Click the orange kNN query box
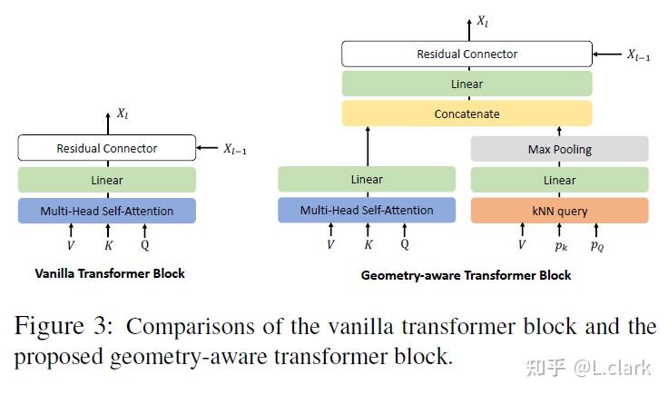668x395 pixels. [559, 211]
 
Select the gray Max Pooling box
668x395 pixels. [559, 149]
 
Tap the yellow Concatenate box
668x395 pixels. [467, 114]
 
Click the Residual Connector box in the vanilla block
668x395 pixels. [107, 148]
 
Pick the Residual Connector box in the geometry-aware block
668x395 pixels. [467, 54]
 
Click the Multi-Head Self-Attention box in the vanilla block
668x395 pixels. [107, 211]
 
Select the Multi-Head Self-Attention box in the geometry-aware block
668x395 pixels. [367, 211]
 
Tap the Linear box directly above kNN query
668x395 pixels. [559, 180]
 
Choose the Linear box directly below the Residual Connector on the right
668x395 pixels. [467, 84]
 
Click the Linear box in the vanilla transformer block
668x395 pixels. [107, 180]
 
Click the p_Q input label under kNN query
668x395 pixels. [596, 246]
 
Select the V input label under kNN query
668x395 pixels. [522, 244]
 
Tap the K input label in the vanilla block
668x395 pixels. [107, 244]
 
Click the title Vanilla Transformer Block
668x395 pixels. [109, 273]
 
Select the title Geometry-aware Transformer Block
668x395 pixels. [467, 275]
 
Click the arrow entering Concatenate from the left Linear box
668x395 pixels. [367, 145]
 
